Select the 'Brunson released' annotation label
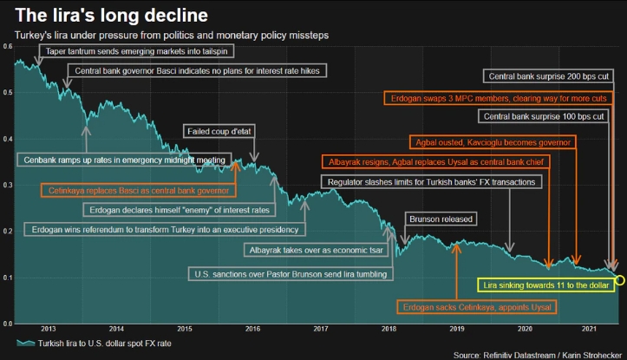441,220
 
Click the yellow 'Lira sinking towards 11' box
545,284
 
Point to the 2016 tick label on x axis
252,329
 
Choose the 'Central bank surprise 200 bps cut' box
549,77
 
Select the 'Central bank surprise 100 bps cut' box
543,116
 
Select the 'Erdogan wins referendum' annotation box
164,230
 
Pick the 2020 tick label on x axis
525,329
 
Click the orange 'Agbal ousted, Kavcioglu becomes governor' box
490,141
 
